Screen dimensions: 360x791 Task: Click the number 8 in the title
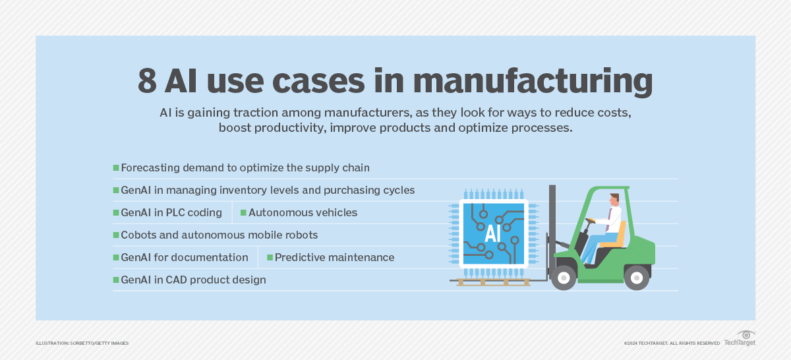point(149,82)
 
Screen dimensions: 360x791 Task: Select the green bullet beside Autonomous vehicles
point(243,213)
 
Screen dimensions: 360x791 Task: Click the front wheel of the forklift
point(564,278)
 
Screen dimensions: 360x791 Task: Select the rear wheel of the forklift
point(636,277)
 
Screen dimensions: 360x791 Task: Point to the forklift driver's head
point(614,199)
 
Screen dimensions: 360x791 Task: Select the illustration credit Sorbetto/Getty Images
point(82,344)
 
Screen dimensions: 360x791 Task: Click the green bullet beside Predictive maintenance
point(270,257)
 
